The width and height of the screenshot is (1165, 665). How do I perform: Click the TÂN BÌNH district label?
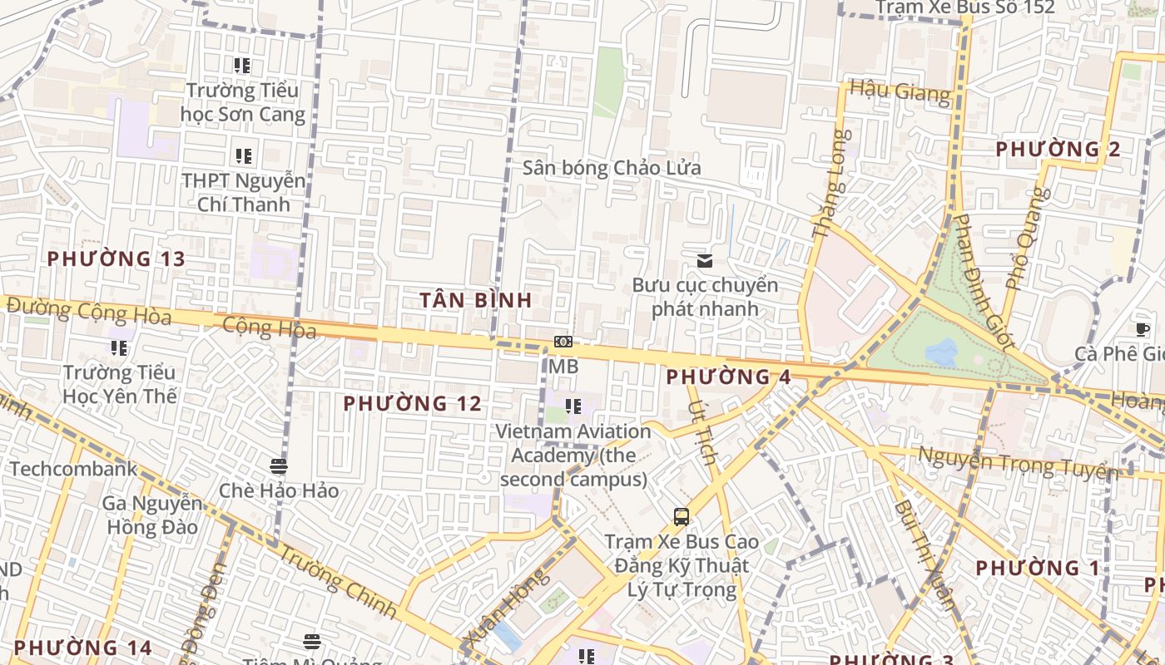[x=475, y=300]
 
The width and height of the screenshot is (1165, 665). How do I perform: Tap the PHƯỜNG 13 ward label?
[x=116, y=259]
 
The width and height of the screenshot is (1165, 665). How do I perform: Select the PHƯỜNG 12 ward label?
[x=413, y=404]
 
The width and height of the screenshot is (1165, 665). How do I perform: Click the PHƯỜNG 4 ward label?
[x=728, y=377]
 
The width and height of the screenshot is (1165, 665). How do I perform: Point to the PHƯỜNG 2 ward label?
[x=1058, y=150]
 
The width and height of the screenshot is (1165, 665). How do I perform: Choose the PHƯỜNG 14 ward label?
[x=83, y=648]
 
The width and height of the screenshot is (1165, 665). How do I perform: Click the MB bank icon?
[x=563, y=342]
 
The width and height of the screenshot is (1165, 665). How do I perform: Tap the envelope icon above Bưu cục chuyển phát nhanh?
[x=705, y=261]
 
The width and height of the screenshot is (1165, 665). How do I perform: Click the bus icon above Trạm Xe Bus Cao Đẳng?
[x=682, y=517]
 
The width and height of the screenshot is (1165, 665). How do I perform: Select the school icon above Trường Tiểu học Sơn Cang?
[x=242, y=65]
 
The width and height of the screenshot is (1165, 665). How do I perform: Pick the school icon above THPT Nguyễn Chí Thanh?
[x=243, y=155]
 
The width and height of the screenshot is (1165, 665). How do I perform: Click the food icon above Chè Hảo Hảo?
[x=279, y=466]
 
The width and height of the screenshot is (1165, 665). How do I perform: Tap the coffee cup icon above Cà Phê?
[x=1143, y=330]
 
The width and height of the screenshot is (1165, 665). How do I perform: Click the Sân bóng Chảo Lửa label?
[x=612, y=167]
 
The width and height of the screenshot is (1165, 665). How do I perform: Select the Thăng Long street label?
[x=831, y=185]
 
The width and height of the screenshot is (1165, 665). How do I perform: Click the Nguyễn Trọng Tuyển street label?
[x=1017, y=463]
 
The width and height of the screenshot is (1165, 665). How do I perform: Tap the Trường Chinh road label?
[x=337, y=581]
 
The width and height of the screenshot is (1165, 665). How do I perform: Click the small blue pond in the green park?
[x=941, y=352]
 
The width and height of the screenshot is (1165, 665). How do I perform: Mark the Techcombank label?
[x=73, y=469]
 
